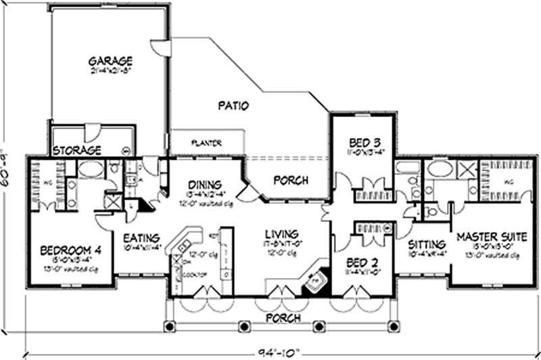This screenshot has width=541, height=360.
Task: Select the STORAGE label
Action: click(x=77, y=150)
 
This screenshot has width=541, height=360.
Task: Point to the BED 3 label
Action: click(x=363, y=143)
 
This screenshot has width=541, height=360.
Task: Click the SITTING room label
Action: click(x=427, y=244)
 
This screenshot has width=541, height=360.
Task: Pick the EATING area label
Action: click(x=141, y=238)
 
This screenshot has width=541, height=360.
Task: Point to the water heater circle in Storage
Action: click(x=125, y=150)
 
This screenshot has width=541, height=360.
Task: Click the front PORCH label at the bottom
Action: click(x=283, y=317)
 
